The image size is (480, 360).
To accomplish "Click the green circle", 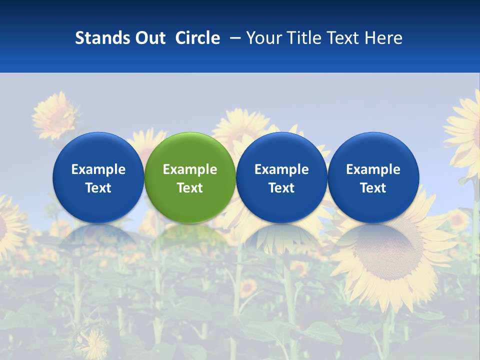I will coord(190,177).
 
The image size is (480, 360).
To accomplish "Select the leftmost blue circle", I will coord(98,177).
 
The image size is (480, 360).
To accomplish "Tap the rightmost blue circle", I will coord(373,177).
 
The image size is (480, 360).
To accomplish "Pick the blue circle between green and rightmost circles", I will coord(281,177).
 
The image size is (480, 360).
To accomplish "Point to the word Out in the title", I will coord(149,38).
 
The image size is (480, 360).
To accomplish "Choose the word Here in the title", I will coord(383,38).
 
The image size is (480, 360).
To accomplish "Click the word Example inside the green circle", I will coord(190,169).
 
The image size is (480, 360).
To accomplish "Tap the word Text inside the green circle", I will coord(190,188).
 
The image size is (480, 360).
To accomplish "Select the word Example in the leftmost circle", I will coord(98,169).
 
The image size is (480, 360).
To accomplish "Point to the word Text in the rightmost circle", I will coord(373,188).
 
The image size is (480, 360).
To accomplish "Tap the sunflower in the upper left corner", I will coord(54,116).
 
